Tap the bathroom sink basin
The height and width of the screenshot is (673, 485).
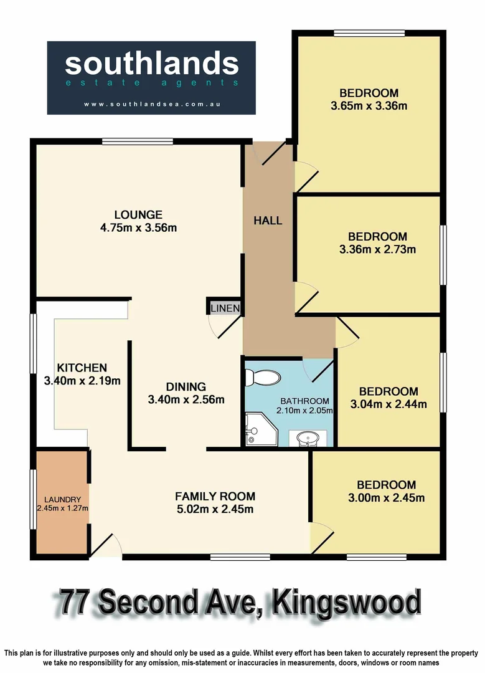pyautogui.click(x=308, y=439)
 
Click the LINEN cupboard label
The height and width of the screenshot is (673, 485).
pyautogui.click(x=225, y=308)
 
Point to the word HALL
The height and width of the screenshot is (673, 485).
pyautogui.click(x=268, y=221)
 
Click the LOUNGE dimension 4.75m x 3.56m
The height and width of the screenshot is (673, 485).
pyautogui.click(x=138, y=227)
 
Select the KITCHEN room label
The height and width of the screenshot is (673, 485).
pyautogui.click(x=82, y=368)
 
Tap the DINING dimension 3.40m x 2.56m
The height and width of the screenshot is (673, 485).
pyautogui.click(x=186, y=399)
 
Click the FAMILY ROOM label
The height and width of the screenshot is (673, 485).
pyautogui.click(x=215, y=497)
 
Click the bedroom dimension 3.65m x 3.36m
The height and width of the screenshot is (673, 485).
pyautogui.click(x=369, y=106)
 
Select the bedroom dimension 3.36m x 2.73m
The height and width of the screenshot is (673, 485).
pyautogui.click(x=377, y=250)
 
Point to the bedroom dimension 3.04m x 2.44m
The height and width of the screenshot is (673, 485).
pyautogui.click(x=388, y=404)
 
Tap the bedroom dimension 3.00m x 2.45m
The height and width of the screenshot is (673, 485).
pyautogui.click(x=386, y=498)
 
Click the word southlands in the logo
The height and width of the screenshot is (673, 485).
pyautogui.click(x=151, y=64)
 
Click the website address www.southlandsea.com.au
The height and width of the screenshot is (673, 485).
pyautogui.click(x=151, y=105)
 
